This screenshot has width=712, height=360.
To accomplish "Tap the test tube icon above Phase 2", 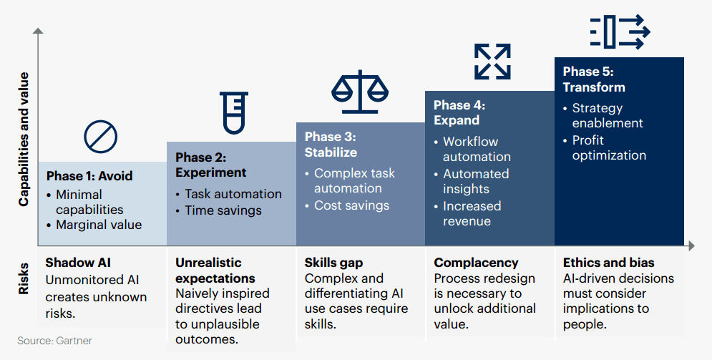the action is tap(234, 113).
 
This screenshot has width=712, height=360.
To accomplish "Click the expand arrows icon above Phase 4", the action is tap(492, 62).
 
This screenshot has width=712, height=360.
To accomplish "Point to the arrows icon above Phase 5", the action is tap(620, 31).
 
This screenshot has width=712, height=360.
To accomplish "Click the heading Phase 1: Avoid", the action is tap(89, 176).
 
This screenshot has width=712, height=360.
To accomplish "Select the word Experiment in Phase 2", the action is tap(210, 173).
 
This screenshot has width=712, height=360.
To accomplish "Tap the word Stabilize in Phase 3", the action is tap(331, 152).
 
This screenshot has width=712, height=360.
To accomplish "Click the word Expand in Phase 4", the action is tap(457, 120).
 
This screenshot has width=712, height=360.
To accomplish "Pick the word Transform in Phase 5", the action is tap(594, 87).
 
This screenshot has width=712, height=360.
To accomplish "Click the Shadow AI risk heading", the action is tap(78, 263).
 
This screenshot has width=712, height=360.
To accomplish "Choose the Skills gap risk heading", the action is tap(333, 263).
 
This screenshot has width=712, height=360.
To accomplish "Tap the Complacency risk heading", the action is tap(476, 263).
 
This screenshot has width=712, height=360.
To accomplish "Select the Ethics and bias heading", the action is tap(608, 263).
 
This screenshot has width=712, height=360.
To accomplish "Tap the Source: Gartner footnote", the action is tap(54, 341).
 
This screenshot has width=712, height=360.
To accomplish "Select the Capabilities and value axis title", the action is tap(24, 139).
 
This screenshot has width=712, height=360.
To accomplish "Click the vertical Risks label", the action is tap(24, 278).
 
